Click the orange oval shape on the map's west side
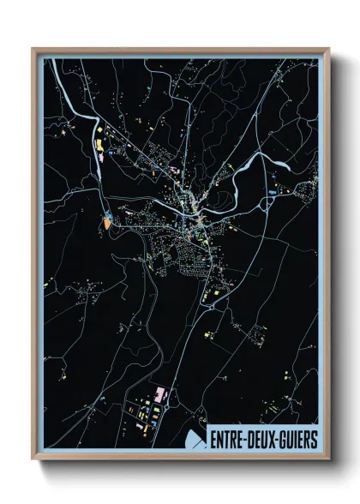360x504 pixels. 106,222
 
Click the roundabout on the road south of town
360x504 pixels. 206,298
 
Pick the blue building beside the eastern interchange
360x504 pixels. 271,194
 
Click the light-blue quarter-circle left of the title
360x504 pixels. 195,441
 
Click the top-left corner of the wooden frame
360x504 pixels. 33,49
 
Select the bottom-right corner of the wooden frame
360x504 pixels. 328,460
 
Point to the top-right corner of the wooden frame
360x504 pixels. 328,49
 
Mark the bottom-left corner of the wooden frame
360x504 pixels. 33,460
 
